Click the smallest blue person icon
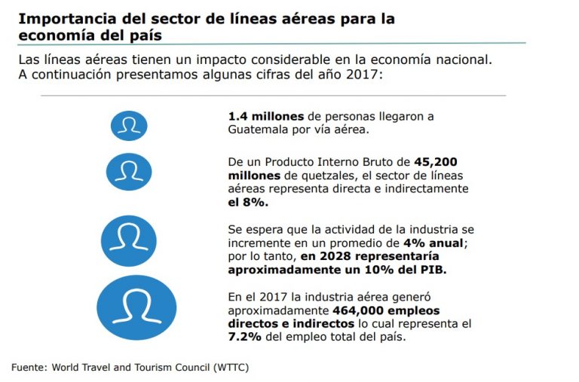click(x=129, y=125)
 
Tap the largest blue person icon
click(x=136, y=307)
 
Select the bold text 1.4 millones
click(x=265, y=117)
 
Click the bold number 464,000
click(x=359, y=310)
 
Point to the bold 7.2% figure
click(x=244, y=338)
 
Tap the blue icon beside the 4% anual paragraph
click(x=129, y=240)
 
